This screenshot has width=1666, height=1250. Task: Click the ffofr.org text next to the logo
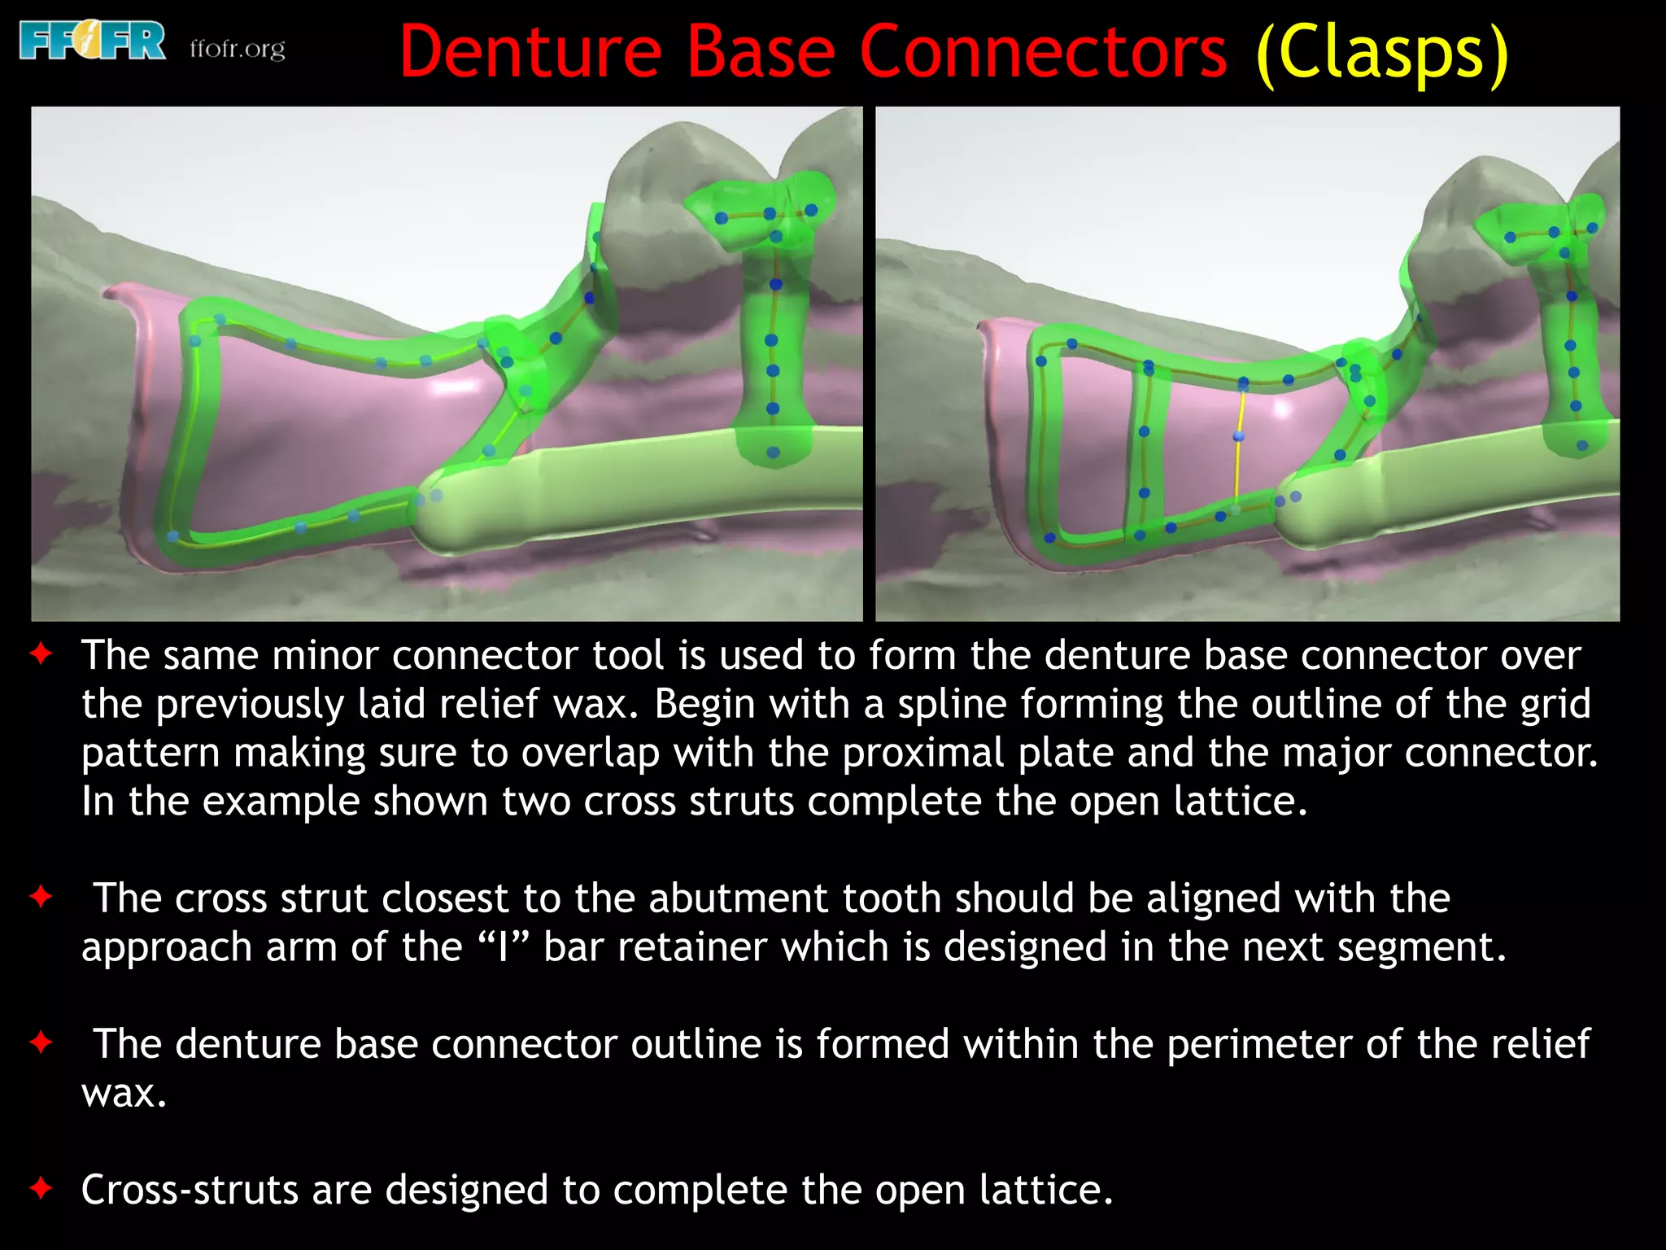pos(238,49)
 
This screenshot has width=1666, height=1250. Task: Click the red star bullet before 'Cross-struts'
pos(41,1188)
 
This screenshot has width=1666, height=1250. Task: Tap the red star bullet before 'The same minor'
pos(41,653)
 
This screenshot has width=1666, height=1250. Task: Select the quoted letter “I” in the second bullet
pos(504,947)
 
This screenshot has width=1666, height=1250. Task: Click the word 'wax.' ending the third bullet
pos(124,1093)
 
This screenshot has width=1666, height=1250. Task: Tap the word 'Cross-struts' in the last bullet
pos(190,1190)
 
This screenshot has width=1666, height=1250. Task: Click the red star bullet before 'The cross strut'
pos(41,897)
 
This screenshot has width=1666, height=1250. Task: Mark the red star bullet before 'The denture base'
pos(41,1042)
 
